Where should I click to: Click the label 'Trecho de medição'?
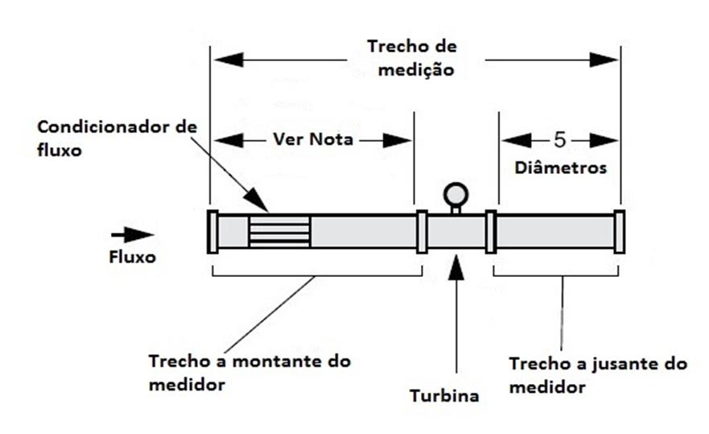coord(412,58)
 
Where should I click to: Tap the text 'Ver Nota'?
coord(313,139)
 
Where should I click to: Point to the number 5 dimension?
coord(560,140)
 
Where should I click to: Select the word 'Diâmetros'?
coord(561,168)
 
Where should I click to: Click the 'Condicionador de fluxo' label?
coord(117,138)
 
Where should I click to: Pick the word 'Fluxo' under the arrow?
coord(133,257)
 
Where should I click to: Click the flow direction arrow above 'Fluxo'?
coord(133,235)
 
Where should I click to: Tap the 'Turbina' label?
coord(444,395)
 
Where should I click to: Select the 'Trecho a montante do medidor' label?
coord(249,373)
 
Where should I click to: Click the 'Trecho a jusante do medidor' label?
coord(598,375)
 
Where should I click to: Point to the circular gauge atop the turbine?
coord(455,195)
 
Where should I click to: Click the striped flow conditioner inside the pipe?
coord(279,232)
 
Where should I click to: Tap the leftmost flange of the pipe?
coord(212,232)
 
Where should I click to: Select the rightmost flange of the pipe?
coord(620,232)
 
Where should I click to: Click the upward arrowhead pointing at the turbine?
coord(456,267)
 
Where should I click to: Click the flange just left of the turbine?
coord(422,232)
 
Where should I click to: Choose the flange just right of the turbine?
coord(491,232)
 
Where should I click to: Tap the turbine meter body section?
coord(456,232)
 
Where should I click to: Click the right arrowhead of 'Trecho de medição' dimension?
coord(604,60)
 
